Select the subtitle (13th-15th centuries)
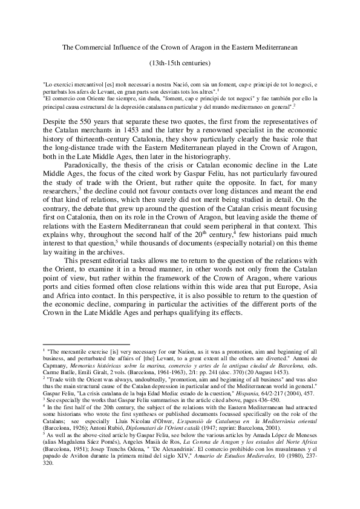click(180, 62)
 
